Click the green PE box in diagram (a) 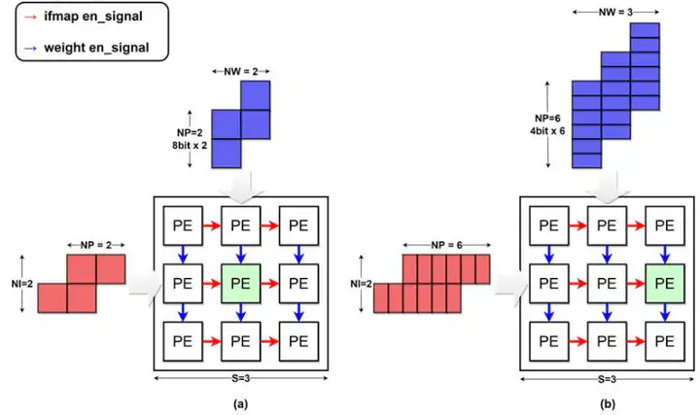pyautogui.click(x=241, y=284)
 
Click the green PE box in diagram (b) pyautogui.click(x=665, y=284)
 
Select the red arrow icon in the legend pyautogui.click(x=30, y=17)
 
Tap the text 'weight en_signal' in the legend pyautogui.click(x=96, y=48)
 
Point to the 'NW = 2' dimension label pyautogui.click(x=241, y=71)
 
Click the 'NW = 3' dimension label pyautogui.click(x=615, y=12)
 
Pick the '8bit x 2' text pyautogui.click(x=190, y=145)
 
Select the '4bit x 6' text pyautogui.click(x=547, y=131)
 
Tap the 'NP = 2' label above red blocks pyautogui.click(x=96, y=245)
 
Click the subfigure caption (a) pyautogui.click(x=241, y=404)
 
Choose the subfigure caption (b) pyautogui.click(x=608, y=404)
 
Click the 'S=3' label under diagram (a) pyautogui.click(x=241, y=378)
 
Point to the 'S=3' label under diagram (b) pyautogui.click(x=607, y=379)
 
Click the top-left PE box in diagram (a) pyautogui.click(x=183, y=225)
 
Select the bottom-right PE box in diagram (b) pyautogui.click(x=665, y=341)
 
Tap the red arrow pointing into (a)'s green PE pyautogui.click(x=212, y=284)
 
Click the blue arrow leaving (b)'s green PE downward pyautogui.click(x=665, y=312)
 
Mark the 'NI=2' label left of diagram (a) pyautogui.click(x=22, y=284)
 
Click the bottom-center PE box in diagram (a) pyautogui.click(x=241, y=341)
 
